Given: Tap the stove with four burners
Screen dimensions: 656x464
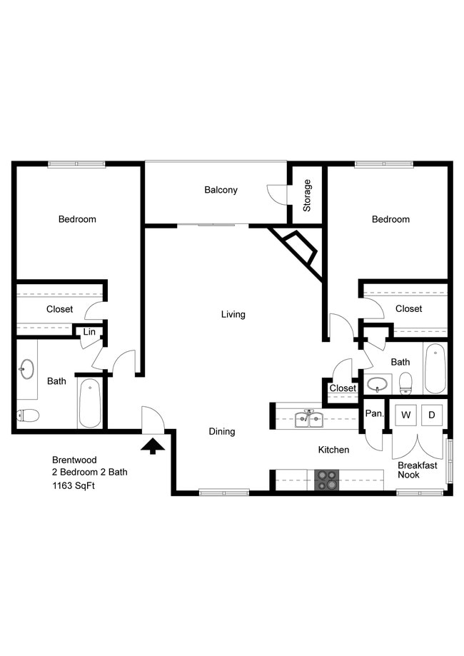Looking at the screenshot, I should click(328, 480).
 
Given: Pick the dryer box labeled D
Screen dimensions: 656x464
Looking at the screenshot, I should click(432, 415).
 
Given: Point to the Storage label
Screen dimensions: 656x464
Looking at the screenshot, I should click(307, 195).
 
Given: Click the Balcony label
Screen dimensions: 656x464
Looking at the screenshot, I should click(221, 190).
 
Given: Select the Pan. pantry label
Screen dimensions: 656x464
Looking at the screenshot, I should click(374, 413).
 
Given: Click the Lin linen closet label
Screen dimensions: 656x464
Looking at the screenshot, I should click(89, 331).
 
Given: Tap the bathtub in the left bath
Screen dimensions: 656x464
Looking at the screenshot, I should click(90, 403).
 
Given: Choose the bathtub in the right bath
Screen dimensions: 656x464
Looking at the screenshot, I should click(435, 368).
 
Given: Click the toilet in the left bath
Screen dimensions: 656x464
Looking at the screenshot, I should click(27, 415).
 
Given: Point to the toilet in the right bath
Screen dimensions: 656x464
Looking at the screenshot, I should click(405, 383).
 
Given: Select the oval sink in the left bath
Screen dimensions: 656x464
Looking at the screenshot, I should click(27, 369).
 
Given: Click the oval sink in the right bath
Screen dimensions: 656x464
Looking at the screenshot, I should click(378, 385).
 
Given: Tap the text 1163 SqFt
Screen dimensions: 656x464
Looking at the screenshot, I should click(73, 485).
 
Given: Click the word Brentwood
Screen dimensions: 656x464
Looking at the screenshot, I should click(75, 460).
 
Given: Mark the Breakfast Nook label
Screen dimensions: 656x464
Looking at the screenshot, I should click(418, 470).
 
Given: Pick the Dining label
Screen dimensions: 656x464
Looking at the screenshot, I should click(221, 431).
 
